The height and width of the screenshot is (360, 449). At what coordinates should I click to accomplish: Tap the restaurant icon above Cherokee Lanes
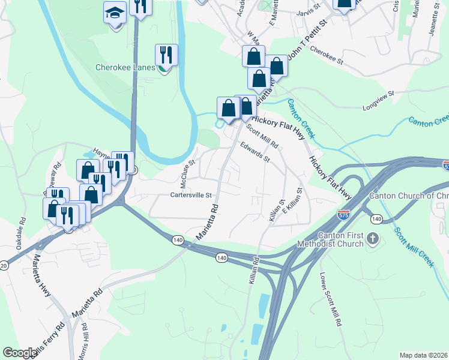tap(165, 55)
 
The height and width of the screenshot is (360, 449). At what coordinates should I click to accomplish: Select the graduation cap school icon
tap(114, 13)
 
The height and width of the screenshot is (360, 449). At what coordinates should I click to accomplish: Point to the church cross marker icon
tap(373, 239)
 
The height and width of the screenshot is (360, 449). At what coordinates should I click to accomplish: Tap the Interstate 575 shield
tap(342, 214)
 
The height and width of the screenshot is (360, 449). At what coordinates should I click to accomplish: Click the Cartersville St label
tap(191, 195)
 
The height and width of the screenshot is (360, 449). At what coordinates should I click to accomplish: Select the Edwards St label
tap(255, 153)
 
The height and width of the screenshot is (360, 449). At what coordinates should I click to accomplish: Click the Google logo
tap(19, 353)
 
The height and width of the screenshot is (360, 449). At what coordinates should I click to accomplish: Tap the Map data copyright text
tap(424, 355)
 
